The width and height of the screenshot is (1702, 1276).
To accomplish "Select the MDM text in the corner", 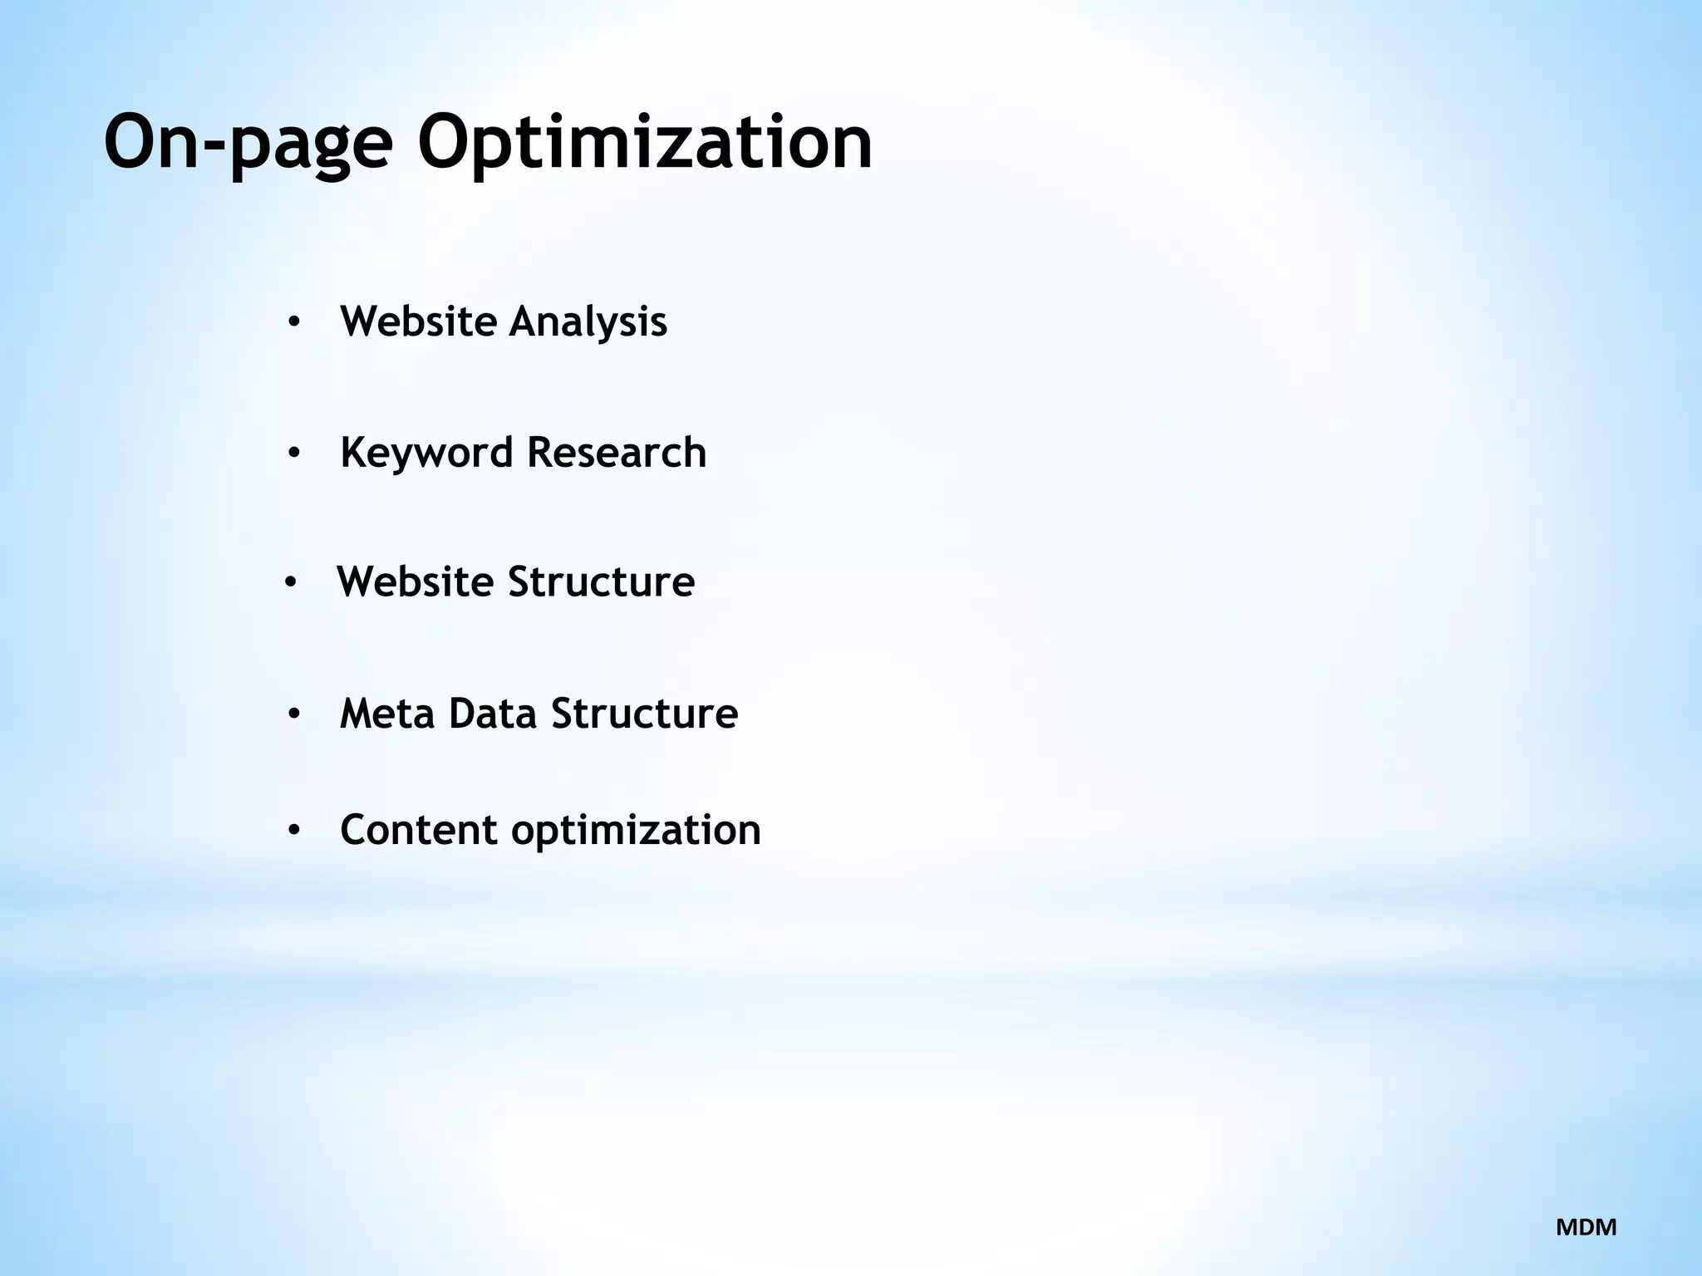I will pyautogui.click(x=1586, y=1227).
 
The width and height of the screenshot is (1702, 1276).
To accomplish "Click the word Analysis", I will pyautogui.click(x=588, y=321).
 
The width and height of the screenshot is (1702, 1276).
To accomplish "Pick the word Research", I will pyautogui.click(x=616, y=453).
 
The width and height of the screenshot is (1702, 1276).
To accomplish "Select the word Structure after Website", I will pyautogui.click(x=601, y=582).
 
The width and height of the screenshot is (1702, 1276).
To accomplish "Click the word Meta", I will pyautogui.click(x=387, y=714).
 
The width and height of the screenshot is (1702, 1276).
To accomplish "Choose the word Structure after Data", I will pyautogui.click(x=644, y=714).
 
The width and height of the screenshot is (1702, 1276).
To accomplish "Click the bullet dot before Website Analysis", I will pyautogui.click(x=293, y=322).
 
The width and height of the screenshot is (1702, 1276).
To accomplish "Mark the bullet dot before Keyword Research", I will pyautogui.click(x=293, y=454).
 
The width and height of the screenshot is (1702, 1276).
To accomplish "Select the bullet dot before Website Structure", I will pyautogui.click(x=290, y=582).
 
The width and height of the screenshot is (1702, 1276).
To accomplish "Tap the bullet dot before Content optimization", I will pyautogui.click(x=293, y=831).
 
